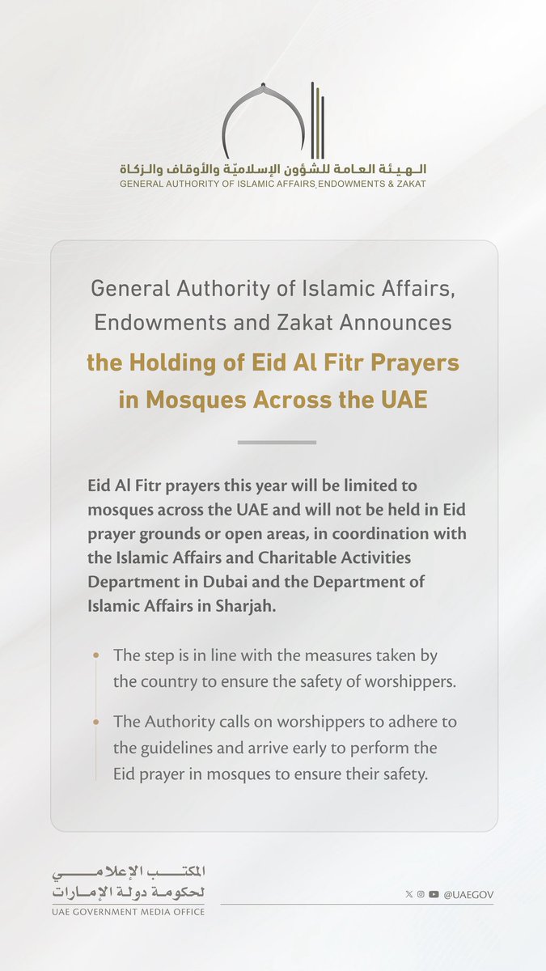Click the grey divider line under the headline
tap(277, 443)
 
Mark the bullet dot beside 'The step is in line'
tap(97, 655)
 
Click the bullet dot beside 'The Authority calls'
tap(97, 721)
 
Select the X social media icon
tap(408, 894)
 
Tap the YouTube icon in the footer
tap(434, 894)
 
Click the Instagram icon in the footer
tap(421, 894)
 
